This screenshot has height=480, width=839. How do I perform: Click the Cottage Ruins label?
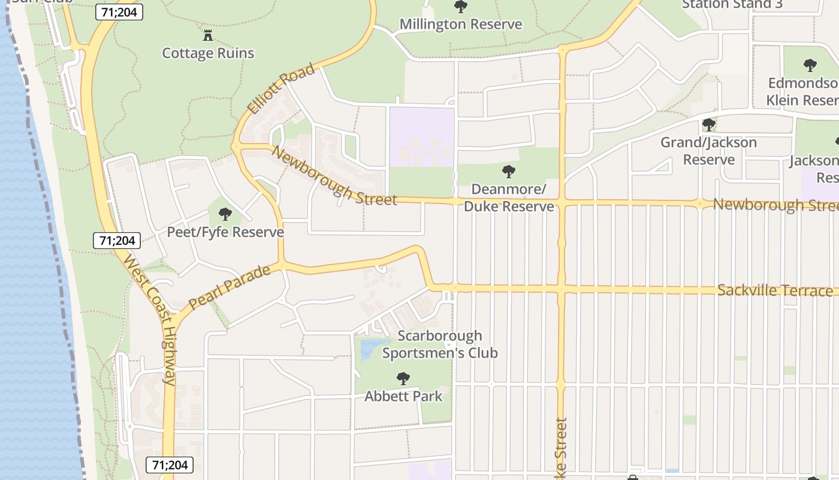coord(208,53)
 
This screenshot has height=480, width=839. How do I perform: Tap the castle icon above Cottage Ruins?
coord(208,35)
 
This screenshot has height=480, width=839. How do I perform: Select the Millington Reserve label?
coord(460,25)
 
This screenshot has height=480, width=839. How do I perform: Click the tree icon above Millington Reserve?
coord(460,7)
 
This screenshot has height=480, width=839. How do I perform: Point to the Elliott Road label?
coord(280,89)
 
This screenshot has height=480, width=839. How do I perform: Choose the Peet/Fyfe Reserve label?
coord(225,232)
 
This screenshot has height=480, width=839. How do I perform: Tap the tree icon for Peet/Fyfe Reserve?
coord(225,214)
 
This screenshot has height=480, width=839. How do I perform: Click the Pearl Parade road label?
coord(230,288)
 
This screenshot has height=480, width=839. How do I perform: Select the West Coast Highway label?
coord(150,318)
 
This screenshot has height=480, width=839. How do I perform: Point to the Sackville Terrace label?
coord(775,290)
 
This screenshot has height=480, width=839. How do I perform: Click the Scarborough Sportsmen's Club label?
coord(440,344)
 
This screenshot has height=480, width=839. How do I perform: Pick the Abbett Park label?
coord(403,396)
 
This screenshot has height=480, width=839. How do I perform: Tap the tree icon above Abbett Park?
coord(403,379)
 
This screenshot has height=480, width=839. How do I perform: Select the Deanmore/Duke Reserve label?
coord(509,198)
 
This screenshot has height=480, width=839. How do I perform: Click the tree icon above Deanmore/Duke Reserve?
coord(509,172)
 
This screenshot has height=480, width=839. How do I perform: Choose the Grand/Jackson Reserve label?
coord(709,151)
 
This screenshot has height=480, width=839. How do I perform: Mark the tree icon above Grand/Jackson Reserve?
coord(709,125)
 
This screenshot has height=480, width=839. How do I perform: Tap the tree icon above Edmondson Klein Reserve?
coord(810,65)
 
